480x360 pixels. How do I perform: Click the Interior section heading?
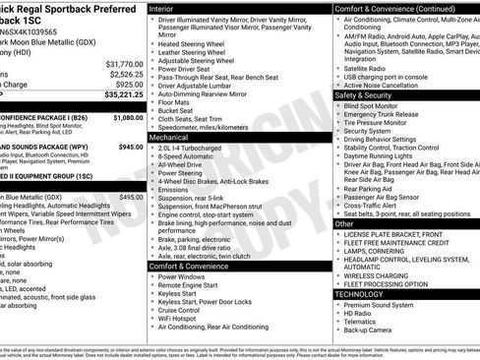(164, 8)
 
